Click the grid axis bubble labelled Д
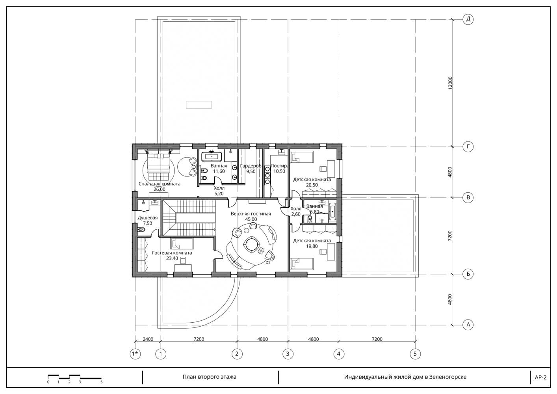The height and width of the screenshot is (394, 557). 468,19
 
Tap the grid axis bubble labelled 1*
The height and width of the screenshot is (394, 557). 135,354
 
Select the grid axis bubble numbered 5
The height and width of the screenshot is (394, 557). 415,354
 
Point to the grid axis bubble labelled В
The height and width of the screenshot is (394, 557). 468,198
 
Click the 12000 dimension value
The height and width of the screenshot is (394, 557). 450,83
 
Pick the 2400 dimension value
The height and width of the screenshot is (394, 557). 148,339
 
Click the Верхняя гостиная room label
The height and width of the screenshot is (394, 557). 251,214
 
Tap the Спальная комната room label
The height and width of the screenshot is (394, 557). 160,184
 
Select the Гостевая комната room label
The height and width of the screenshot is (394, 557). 172,253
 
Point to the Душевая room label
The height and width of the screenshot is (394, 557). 148,217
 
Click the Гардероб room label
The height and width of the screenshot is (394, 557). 251,165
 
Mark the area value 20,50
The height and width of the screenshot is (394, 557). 312,185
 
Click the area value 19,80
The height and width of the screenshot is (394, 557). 312,246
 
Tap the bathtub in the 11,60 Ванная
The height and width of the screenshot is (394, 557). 212,157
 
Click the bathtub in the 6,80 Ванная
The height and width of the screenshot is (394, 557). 332,212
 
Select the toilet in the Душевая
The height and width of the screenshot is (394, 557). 141,230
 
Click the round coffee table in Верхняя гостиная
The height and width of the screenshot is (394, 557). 251,245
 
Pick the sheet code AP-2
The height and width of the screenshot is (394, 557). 540,377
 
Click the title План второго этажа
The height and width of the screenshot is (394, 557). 210,377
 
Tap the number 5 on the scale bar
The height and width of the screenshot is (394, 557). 102,382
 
